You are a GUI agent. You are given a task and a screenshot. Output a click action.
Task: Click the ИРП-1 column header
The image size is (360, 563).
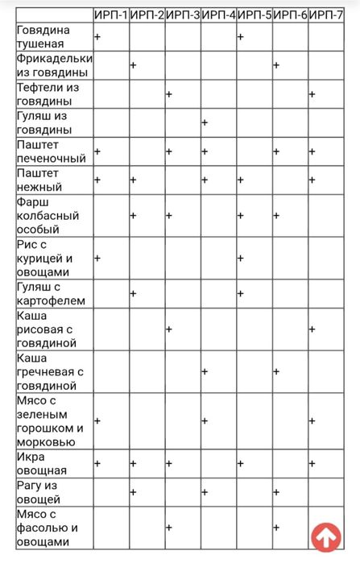point(111,16)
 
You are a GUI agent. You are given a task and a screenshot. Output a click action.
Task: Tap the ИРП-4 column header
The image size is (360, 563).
point(219,16)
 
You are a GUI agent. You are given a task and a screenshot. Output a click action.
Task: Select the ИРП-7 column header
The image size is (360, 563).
point(328,16)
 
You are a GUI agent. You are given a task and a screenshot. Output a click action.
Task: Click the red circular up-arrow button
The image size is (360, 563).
point(326,536)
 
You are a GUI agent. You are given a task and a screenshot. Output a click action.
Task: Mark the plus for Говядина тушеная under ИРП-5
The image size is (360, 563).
point(241,37)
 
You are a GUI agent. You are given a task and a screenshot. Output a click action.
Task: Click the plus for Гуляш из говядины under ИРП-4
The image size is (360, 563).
point(205,122)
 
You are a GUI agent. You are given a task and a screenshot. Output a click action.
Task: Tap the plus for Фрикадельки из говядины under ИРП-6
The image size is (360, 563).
point(275,64)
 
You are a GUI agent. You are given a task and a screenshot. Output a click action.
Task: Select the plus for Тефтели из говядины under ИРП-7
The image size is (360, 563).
point(312,94)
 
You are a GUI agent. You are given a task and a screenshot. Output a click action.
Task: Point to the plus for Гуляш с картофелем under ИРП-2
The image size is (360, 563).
point(133,292)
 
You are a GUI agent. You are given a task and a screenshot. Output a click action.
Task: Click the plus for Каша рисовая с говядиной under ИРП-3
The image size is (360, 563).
point(169,329)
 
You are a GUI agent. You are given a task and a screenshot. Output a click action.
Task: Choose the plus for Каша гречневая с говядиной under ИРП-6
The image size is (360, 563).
point(275,371)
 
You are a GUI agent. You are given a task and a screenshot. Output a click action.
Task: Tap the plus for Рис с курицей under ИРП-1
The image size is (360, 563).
point(97,258)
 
